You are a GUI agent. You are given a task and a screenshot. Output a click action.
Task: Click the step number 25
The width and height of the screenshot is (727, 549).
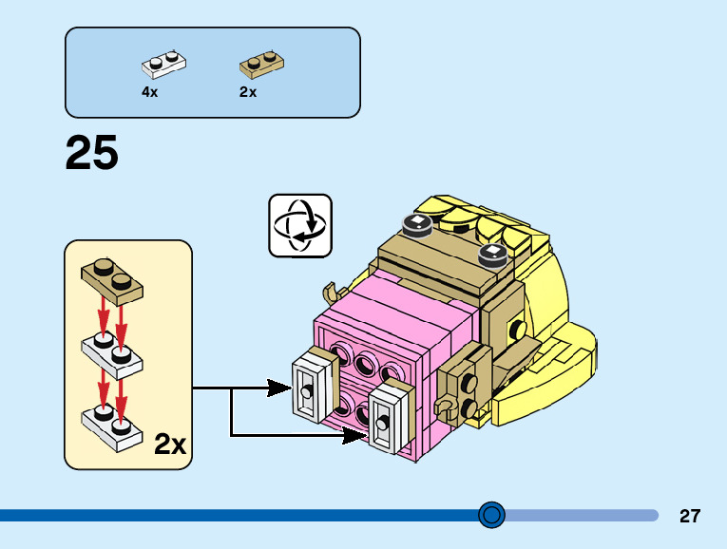[x=92, y=152]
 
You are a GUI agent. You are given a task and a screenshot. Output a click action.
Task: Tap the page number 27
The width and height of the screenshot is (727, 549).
[x=690, y=516]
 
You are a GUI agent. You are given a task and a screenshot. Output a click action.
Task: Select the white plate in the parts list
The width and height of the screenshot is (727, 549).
[x=163, y=64]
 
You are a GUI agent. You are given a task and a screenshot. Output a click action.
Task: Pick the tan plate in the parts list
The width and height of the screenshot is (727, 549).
[x=262, y=65]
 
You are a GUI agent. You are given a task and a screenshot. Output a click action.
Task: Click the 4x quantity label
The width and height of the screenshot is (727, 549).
[x=150, y=92]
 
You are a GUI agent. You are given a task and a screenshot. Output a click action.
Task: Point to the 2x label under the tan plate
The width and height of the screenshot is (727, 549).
[x=248, y=92]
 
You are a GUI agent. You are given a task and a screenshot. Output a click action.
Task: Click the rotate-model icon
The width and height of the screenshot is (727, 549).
[x=300, y=226]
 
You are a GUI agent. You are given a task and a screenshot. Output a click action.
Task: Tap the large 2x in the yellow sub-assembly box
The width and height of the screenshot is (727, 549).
[x=170, y=444]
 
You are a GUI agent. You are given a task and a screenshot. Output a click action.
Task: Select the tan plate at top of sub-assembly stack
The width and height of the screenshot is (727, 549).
[x=112, y=281]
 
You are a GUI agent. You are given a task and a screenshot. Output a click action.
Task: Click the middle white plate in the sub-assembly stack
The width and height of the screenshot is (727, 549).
[x=112, y=355]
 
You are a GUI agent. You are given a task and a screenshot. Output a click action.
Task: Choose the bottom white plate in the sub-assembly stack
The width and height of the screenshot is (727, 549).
[x=112, y=426]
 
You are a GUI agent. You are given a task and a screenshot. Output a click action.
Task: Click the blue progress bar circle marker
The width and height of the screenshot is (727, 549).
[x=491, y=515]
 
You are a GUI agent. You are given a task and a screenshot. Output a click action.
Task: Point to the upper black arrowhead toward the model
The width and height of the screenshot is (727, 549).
[x=279, y=388]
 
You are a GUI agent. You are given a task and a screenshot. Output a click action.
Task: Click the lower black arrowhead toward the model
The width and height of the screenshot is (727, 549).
[x=354, y=435]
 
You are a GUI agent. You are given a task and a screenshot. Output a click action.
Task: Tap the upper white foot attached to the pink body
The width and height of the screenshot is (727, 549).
[x=312, y=386]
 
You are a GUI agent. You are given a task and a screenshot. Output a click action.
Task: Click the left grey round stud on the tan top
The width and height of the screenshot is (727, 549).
[x=417, y=226]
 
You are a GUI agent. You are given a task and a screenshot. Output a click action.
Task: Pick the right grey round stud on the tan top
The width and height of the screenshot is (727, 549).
[x=493, y=256]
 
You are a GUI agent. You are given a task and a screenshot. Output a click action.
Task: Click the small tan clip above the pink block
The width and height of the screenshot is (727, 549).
[x=331, y=293]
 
